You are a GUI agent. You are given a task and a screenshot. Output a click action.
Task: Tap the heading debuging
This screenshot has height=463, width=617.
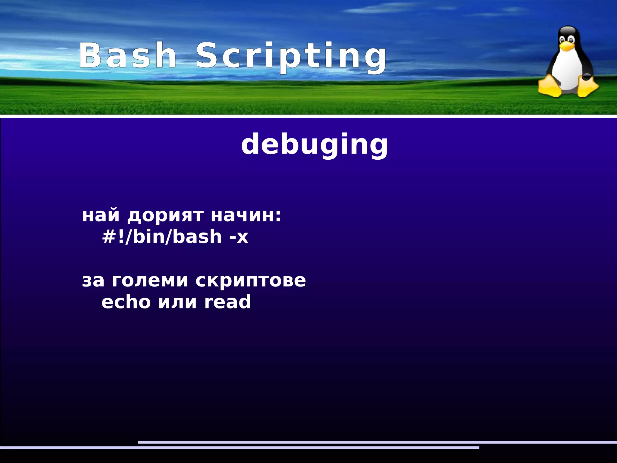[315, 145]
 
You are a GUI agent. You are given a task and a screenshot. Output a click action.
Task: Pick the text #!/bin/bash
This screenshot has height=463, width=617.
[162, 236]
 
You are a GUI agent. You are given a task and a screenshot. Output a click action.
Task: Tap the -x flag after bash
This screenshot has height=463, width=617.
[239, 237]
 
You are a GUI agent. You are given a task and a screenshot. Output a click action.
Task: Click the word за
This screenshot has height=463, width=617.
[93, 280]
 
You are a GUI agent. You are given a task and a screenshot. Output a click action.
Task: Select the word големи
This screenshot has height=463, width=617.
[150, 280]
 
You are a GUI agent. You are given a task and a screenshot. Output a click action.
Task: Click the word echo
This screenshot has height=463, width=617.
[126, 302]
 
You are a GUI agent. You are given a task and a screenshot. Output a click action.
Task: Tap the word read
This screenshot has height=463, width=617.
[227, 302]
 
